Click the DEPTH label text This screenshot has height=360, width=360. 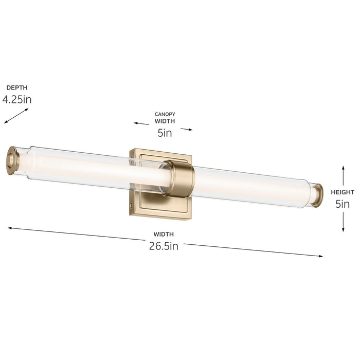(17, 88)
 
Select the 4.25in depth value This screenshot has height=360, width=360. (17, 99)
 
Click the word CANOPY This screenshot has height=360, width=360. (165, 114)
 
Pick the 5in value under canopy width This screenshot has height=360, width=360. (165, 133)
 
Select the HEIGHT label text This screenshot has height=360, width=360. (343, 192)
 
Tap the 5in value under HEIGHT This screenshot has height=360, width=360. (343, 204)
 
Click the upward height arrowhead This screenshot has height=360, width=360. (343, 168)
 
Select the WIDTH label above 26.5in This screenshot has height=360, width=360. (164, 234)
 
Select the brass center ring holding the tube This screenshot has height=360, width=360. (181, 178)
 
